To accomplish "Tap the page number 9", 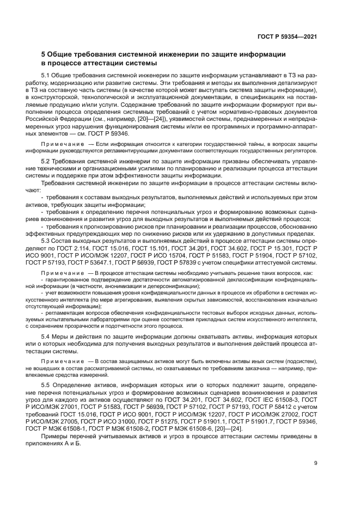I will (x=316, y=463).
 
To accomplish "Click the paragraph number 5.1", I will (x=47, y=75).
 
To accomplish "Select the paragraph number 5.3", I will (x=47, y=240).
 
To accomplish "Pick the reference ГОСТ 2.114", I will (x=80, y=247).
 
